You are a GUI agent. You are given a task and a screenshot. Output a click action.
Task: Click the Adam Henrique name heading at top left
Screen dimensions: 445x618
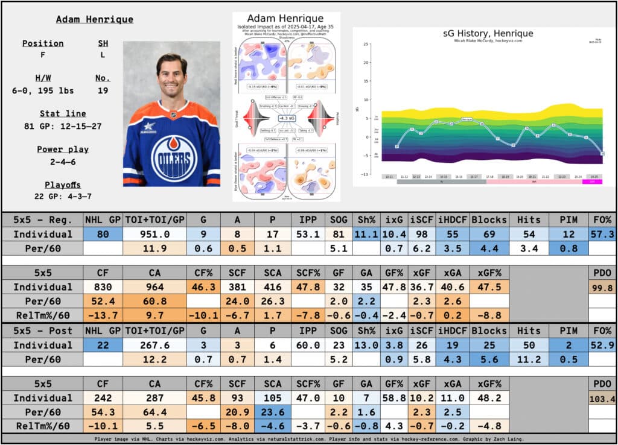click(x=94, y=19)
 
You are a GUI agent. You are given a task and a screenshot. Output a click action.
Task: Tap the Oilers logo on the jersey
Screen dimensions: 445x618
click(x=174, y=157)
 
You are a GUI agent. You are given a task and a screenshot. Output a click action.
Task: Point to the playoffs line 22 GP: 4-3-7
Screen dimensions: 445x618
click(x=63, y=197)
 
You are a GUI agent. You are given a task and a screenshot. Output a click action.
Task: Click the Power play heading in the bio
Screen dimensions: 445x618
click(x=63, y=150)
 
